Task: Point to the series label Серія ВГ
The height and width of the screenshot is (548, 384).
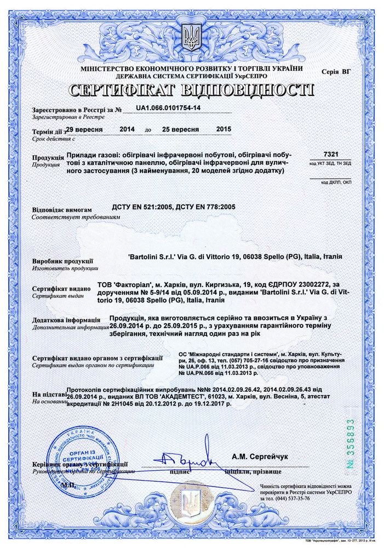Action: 337,72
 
